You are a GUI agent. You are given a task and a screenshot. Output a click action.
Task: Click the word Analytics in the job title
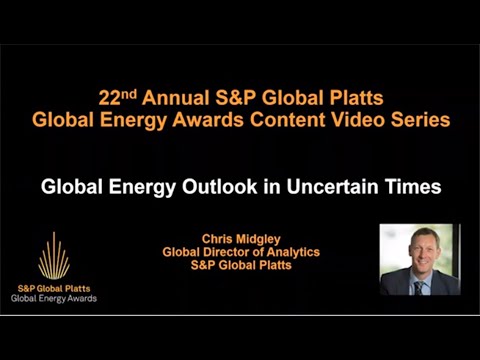290,252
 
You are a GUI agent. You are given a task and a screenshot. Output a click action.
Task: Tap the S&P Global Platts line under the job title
241,265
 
